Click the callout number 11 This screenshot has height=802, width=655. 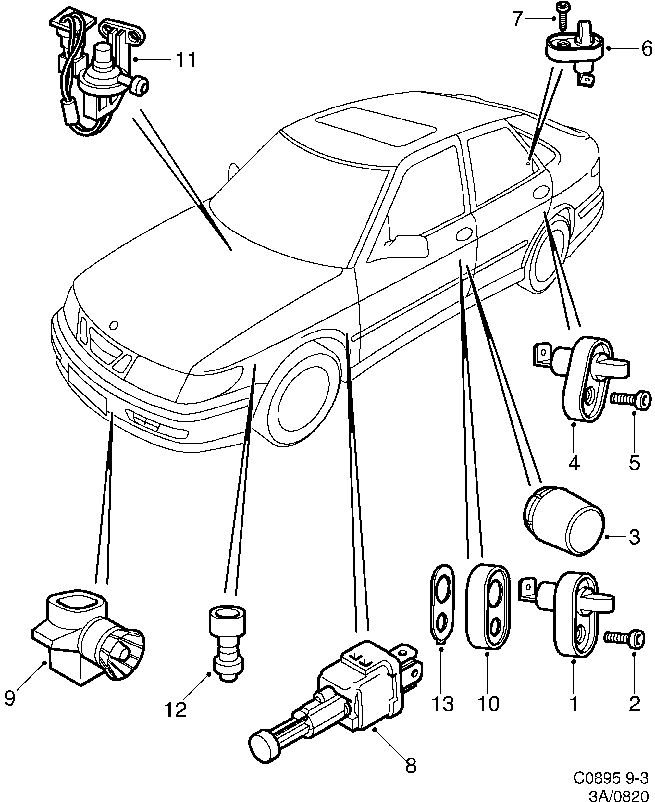click(186, 60)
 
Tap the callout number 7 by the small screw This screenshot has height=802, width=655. click(518, 19)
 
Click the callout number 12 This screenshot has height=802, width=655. click(176, 709)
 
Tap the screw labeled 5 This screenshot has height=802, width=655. click(631, 400)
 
